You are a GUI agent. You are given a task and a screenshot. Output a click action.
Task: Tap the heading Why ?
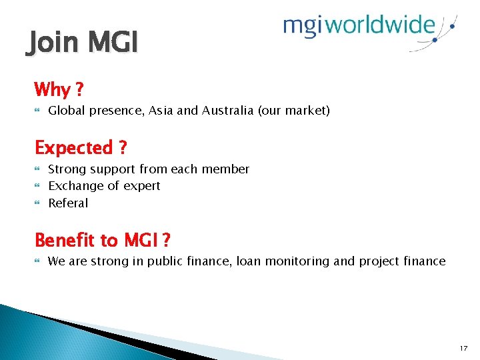tap(58, 89)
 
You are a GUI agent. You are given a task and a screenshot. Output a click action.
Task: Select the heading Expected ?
tap(80, 147)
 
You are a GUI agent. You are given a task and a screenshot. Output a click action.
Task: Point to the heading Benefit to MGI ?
tap(102, 240)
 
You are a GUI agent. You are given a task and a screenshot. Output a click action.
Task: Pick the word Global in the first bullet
tap(66, 111)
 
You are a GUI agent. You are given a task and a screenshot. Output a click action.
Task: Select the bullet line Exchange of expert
tap(104, 186)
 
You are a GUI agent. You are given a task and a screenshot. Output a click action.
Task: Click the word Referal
tap(68, 203)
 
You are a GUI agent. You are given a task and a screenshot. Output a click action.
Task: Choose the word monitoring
tap(297, 261)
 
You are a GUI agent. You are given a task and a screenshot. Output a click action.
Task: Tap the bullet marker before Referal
tap(37, 203)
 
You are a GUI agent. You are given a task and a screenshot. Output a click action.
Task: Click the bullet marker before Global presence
tap(37, 111)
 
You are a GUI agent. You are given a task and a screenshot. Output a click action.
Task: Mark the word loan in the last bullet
tap(250, 261)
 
